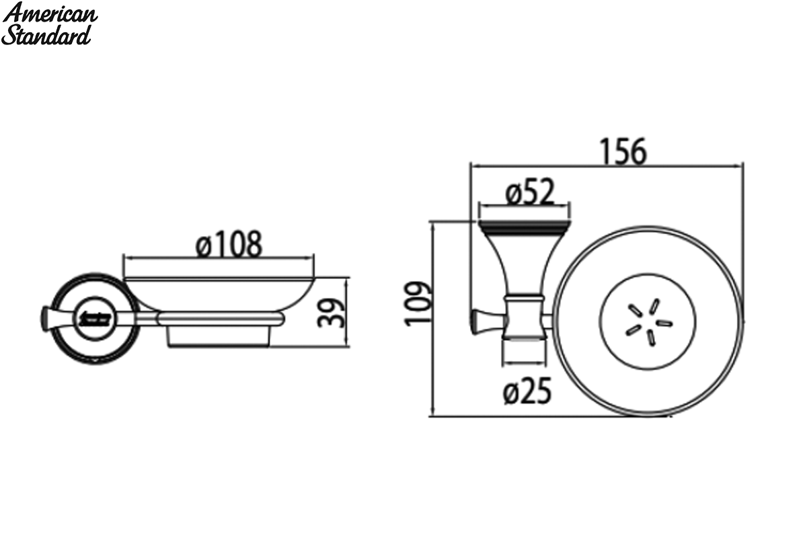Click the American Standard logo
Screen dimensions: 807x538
click(49, 24)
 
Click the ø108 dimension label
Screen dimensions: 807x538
click(229, 245)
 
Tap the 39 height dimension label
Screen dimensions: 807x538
click(331, 313)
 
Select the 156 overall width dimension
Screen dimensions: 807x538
click(623, 151)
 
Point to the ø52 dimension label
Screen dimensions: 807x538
click(530, 192)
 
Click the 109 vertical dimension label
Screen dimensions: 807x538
click(417, 304)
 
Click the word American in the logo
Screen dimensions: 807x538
click(50, 13)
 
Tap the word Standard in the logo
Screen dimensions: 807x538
click(46, 36)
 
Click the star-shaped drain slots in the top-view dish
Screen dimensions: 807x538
click(648, 322)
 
